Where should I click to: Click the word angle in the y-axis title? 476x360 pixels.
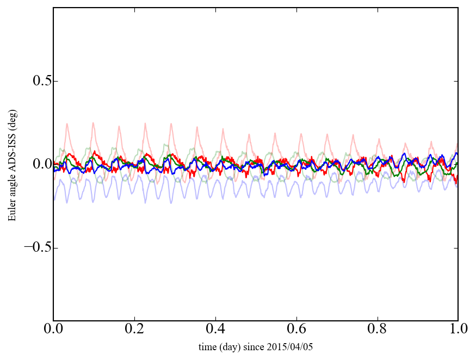coord(11,191)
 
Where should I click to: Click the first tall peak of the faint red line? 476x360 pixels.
coord(67,124)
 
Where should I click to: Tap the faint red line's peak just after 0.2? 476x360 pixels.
coord(145,123)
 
